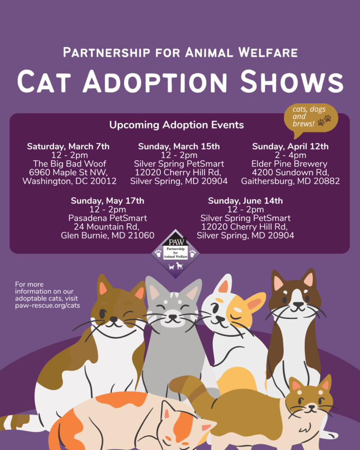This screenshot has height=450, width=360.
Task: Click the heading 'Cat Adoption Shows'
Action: pyautogui.click(x=180, y=82)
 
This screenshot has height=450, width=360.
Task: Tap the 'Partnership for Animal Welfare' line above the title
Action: pyautogui.click(x=180, y=52)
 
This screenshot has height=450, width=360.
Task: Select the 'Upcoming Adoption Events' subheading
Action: pyautogui.click(x=176, y=125)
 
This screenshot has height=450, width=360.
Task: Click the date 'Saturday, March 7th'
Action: pyautogui.click(x=68, y=146)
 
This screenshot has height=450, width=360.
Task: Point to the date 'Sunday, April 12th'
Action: pyautogui.click(x=290, y=146)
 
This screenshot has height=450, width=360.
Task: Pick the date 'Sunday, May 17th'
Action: pyautogui.click(x=107, y=201)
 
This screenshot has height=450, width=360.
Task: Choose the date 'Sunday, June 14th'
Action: pyautogui.click(x=245, y=201)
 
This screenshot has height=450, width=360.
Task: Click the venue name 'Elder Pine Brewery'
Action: pyautogui.click(x=290, y=163)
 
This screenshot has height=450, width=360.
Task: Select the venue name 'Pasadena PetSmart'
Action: pyautogui.click(x=107, y=218)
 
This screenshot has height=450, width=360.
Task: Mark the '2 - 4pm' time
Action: pyautogui.click(x=290, y=155)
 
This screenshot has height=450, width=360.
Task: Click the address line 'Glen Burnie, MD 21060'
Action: pyautogui.click(x=107, y=236)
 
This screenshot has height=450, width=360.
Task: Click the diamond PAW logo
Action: pyautogui.click(x=176, y=253)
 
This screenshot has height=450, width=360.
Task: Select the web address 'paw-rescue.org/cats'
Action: pyautogui.click(x=47, y=305)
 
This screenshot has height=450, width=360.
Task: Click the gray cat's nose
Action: pyautogui.click(x=173, y=316)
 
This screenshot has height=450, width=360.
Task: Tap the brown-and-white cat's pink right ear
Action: pyautogui.click(x=307, y=279)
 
